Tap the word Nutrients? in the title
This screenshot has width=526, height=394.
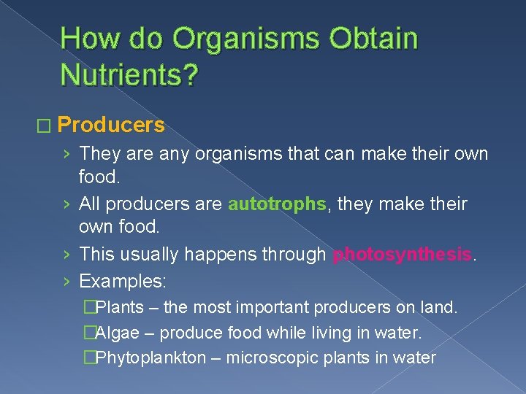click(x=129, y=74)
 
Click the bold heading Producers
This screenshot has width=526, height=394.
click(x=111, y=125)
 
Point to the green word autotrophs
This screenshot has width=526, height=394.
click(x=277, y=204)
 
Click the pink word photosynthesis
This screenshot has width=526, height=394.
click(x=403, y=255)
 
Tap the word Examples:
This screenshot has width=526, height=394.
click(x=123, y=280)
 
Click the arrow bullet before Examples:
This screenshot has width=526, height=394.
click(x=66, y=281)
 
